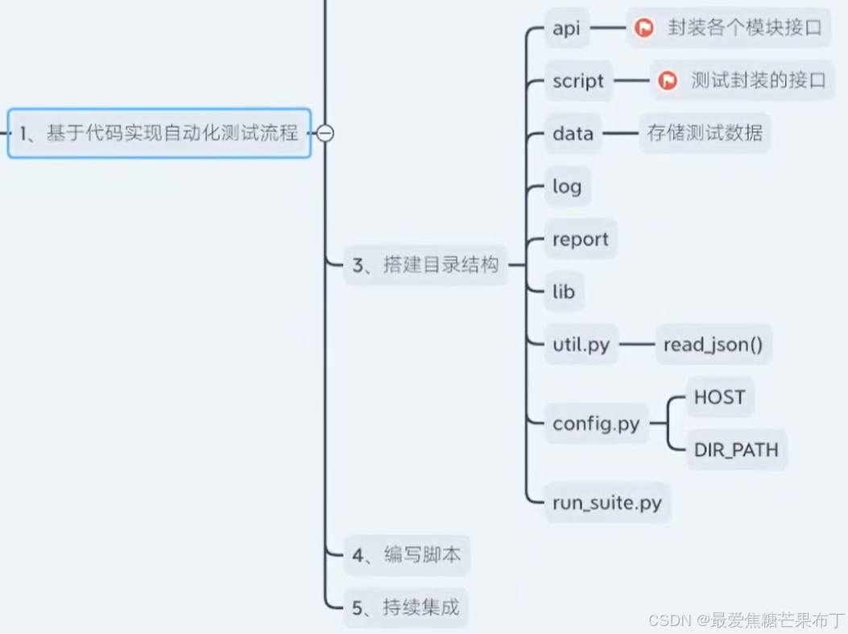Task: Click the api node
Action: [566, 29]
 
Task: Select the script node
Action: [578, 81]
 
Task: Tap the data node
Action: [573, 134]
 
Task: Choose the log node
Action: [567, 187]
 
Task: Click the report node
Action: [581, 239]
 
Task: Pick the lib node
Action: [564, 292]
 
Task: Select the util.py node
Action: [581, 346]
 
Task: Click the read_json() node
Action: [713, 346]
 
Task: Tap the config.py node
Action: [596, 424]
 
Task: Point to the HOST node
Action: [719, 397]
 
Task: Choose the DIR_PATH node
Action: [736, 450]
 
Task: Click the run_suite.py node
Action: [607, 503]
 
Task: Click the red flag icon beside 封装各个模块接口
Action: [643, 29]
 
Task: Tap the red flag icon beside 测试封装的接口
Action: [667, 81]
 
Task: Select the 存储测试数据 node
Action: [705, 134]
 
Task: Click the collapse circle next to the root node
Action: [325, 134]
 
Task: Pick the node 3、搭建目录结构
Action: [426, 265]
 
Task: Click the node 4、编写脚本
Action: [407, 555]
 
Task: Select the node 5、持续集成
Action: [406, 607]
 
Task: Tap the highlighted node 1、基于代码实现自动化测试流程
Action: [159, 134]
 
